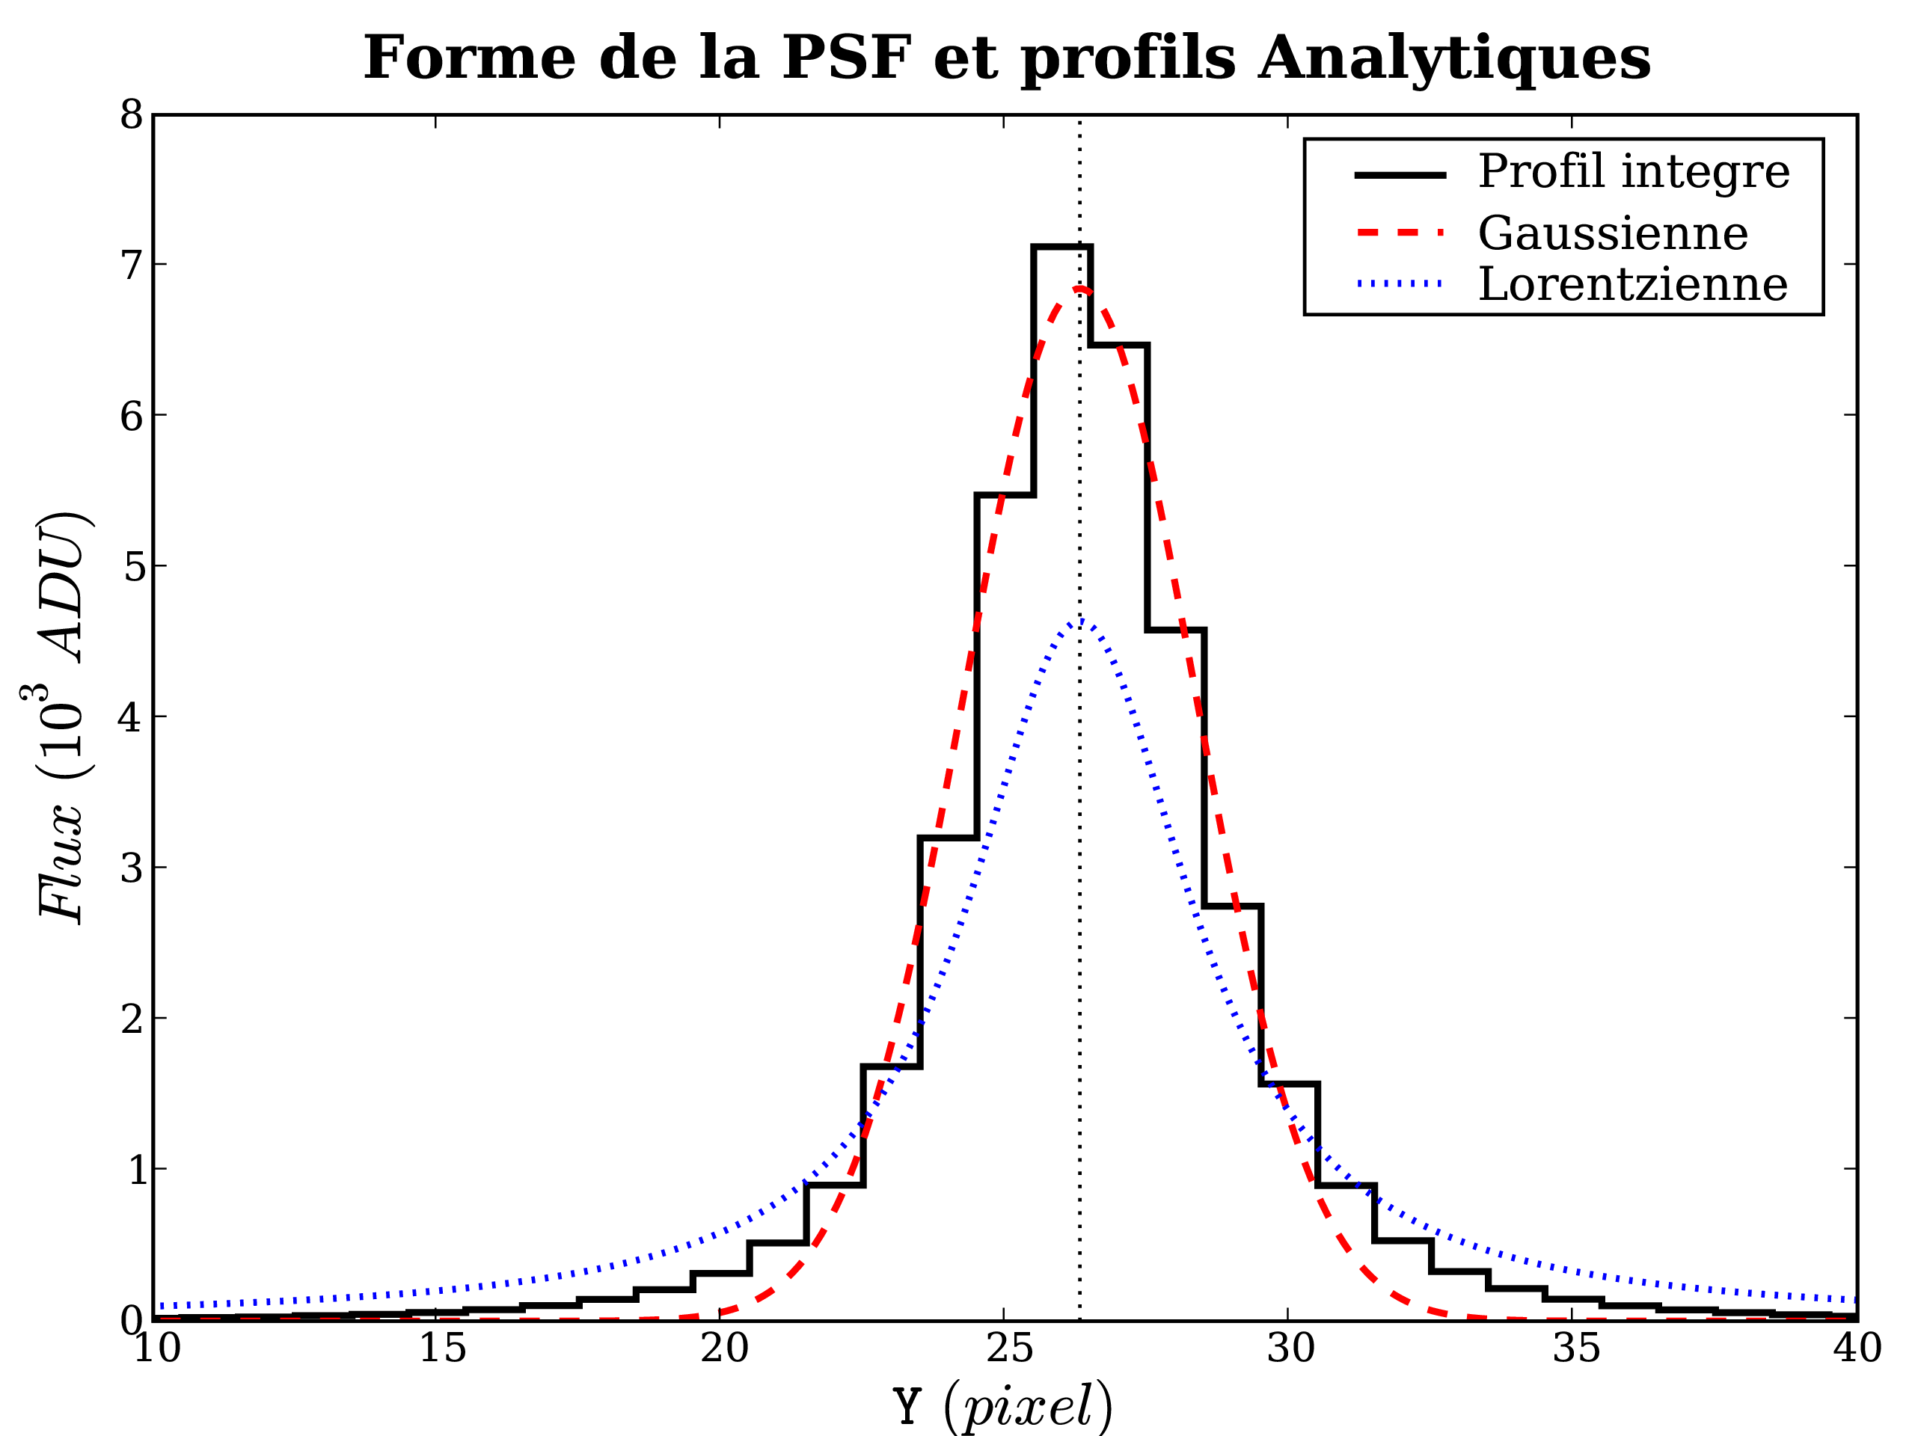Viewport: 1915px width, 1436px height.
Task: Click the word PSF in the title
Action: point(847,59)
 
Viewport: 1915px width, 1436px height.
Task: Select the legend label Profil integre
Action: point(1634,171)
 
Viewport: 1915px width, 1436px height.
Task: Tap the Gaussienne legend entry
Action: point(1613,233)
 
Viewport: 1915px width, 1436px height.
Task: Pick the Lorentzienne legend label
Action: point(1633,285)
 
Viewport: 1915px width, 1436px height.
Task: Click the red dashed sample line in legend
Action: point(1400,232)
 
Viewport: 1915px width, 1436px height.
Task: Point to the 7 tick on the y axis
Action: point(132,265)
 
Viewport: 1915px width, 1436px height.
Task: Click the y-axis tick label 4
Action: point(132,717)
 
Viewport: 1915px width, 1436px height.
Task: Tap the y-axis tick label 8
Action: point(132,114)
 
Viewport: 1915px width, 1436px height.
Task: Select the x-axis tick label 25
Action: point(1009,1348)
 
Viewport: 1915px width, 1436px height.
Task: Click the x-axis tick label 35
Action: point(1575,1348)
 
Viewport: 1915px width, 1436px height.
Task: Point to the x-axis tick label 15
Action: point(442,1348)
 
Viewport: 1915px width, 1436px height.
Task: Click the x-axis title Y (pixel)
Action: point(1002,1405)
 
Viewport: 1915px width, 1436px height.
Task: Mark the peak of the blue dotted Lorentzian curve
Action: point(1080,621)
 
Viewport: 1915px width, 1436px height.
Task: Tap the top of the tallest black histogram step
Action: point(1062,247)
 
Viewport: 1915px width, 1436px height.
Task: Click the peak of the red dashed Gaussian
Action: point(1079,288)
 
